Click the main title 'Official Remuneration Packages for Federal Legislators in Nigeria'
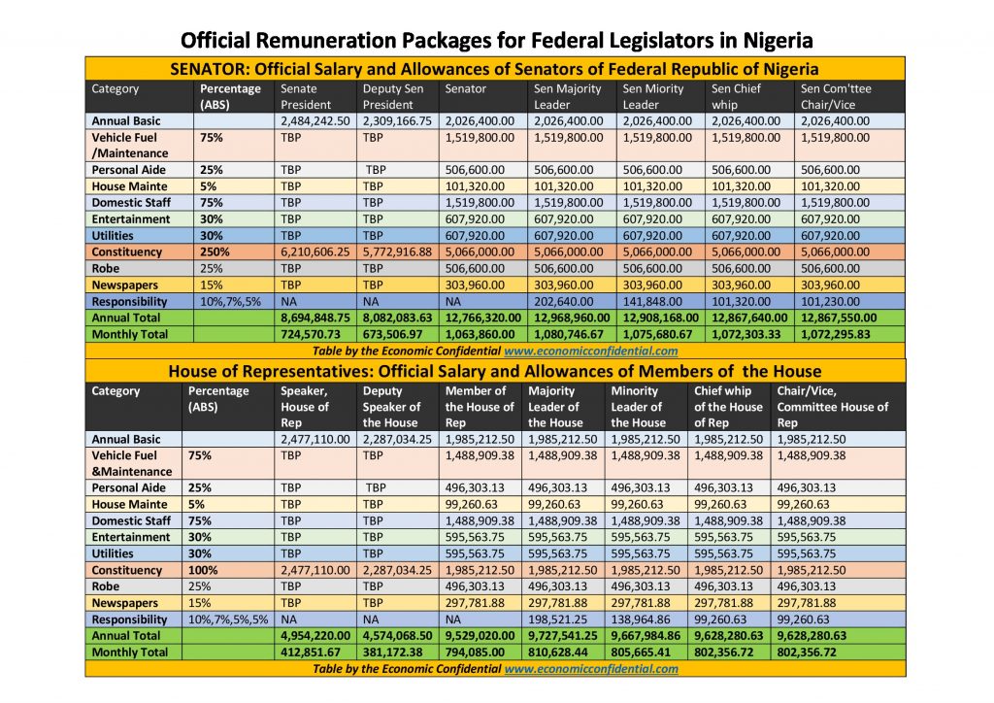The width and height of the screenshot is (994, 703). pyautogui.click(x=496, y=41)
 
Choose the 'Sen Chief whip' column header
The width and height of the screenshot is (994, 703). pyautogui.click(x=736, y=96)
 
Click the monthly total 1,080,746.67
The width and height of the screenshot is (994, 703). pyautogui.click(x=569, y=334)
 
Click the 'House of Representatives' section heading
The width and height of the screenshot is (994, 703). pyautogui.click(x=495, y=371)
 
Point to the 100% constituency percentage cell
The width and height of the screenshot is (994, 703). pyautogui.click(x=205, y=570)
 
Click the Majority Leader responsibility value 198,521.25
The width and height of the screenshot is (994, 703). pyautogui.click(x=561, y=619)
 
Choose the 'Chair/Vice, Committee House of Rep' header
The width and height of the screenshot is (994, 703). pyautogui.click(x=833, y=407)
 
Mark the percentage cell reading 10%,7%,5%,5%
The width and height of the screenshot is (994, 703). pyautogui.click(x=227, y=619)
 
